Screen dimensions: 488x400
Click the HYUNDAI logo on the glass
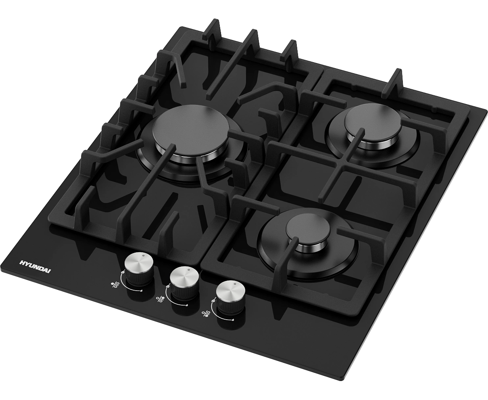click(35, 266)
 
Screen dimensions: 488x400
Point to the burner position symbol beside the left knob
click(115, 285)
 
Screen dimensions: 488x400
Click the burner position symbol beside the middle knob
click(161, 299)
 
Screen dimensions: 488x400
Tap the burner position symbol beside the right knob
click(206, 314)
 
